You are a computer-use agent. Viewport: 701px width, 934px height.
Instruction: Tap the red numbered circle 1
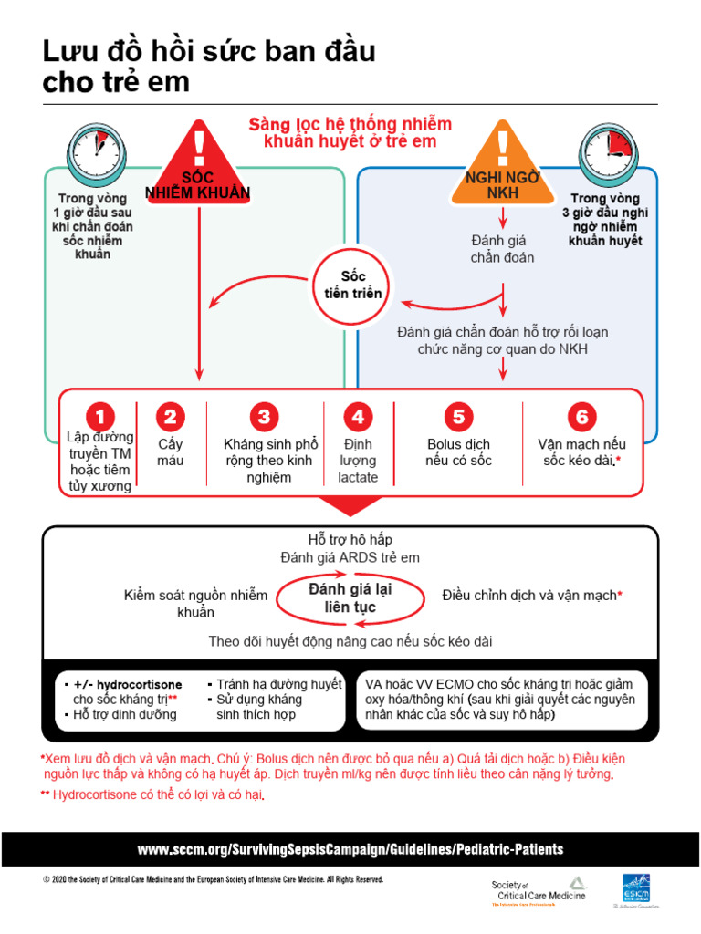pyautogui.click(x=101, y=417)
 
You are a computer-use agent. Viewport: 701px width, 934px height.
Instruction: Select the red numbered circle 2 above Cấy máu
pyautogui.click(x=170, y=417)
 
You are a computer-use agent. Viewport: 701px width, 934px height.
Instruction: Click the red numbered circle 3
pyautogui.click(x=264, y=417)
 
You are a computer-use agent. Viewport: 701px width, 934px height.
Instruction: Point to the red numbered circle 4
pyautogui.click(x=358, y=417)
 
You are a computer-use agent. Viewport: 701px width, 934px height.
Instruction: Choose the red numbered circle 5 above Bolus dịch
pyautogui.click(x=458, y=417)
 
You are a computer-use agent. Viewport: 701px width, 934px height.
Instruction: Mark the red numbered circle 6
pyautogui.click(x=581, y=417)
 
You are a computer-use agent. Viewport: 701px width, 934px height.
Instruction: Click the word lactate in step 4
pyautogui.click(x=357, y=477)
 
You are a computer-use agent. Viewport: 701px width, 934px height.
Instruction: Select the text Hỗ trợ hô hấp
pyautogui.click(x=350, y=540)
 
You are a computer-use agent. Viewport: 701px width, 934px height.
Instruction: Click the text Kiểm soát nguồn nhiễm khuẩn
pyautogui.click(x=195, y=603)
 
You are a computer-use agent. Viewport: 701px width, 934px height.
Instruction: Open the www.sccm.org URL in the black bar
pyautogui.click(x=350, y=849)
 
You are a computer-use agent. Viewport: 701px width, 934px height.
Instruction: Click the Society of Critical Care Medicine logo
pyautogui.click(x=539, y=890)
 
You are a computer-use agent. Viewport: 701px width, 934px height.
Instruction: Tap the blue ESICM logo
pyautogui.click(x=636, y=889)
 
